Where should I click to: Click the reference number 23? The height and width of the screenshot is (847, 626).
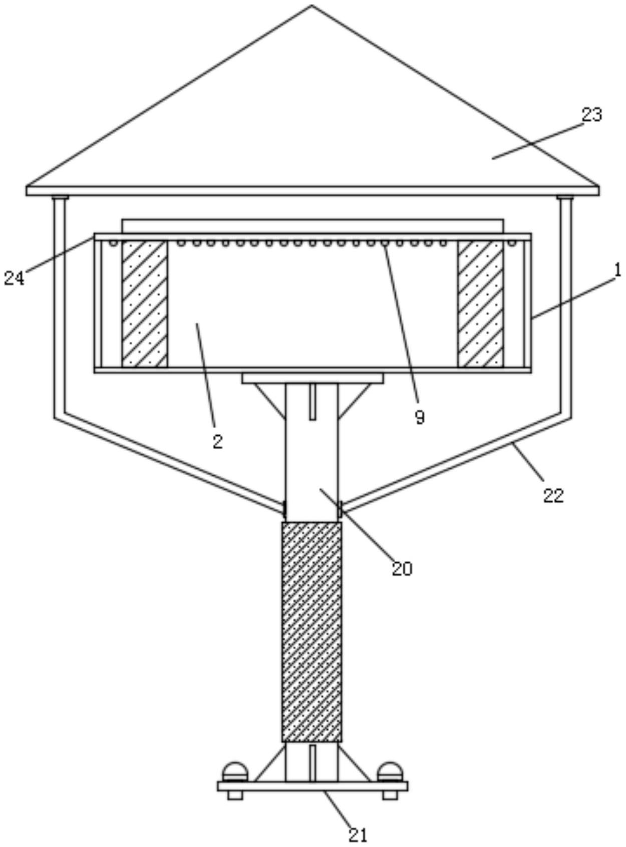(591, 115)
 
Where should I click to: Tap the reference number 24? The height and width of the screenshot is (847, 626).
(14, 278)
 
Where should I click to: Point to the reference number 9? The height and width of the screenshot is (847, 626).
(420, 417)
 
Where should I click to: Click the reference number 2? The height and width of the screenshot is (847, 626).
(217, 441)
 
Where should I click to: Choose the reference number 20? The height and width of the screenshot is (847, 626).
(402, 569)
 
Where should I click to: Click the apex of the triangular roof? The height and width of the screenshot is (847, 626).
(311, 5)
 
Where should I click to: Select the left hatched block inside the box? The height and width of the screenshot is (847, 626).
(145, 304)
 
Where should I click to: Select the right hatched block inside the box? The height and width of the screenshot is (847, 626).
(480, 304)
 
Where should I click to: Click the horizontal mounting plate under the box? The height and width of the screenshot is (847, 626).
(312, 378)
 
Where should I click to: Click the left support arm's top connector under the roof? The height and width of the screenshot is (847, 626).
(60, 198)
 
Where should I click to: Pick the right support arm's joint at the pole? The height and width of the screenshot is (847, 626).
(340, 509)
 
